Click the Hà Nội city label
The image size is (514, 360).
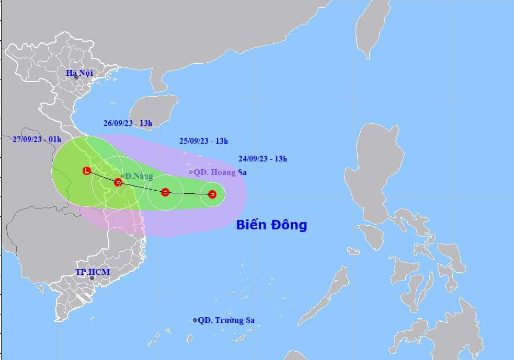(x=79, y=73)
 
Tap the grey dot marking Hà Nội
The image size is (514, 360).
(x=76, y=78)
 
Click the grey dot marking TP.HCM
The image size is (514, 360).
(x=92, y=278)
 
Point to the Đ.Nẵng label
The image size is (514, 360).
(x=139, y=176)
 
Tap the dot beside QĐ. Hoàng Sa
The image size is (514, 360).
(x=191, y=172)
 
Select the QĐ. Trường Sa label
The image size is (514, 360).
(x=226, y=320)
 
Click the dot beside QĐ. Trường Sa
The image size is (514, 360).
(x=195, y=320)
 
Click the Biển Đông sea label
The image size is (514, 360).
(x=271, y=225)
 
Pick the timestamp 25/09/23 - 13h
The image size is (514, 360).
(x=203, y=141)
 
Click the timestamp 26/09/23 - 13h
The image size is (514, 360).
(x=128, y=123)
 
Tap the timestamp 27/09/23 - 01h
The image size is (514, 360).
(x=37, y=139)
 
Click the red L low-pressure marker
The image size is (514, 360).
(x=87, y=170)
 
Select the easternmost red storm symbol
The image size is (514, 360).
(x=212, y=194)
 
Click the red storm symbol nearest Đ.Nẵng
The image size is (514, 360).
(x=118, y=182)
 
